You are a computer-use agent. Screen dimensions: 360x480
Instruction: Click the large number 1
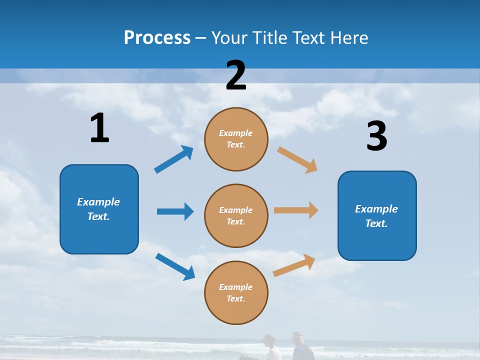coord(99,128)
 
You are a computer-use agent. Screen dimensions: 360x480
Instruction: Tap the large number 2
coord(236,75)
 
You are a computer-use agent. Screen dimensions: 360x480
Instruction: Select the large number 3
coord(376,136)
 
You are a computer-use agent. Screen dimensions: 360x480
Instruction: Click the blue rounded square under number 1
coord(99,209)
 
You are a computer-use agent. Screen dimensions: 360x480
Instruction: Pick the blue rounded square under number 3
coord(377,215)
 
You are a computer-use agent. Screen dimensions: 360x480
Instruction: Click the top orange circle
coord(236,139)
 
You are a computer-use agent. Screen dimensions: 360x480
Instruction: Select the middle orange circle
coord(236,215)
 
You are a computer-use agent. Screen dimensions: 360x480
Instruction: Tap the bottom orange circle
coord(236,292)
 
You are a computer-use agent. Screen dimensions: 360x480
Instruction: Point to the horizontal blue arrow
coord(175,211)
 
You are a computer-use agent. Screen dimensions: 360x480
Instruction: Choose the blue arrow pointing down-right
coord(175,266)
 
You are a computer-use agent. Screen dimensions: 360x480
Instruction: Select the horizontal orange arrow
coord(296,210)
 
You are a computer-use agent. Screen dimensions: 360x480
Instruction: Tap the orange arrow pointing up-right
coord(294,265)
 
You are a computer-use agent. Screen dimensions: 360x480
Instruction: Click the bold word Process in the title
coord(157,37)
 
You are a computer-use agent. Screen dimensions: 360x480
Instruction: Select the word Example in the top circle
coord(235,133)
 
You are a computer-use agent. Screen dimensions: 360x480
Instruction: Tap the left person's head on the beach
coord(269,339)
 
